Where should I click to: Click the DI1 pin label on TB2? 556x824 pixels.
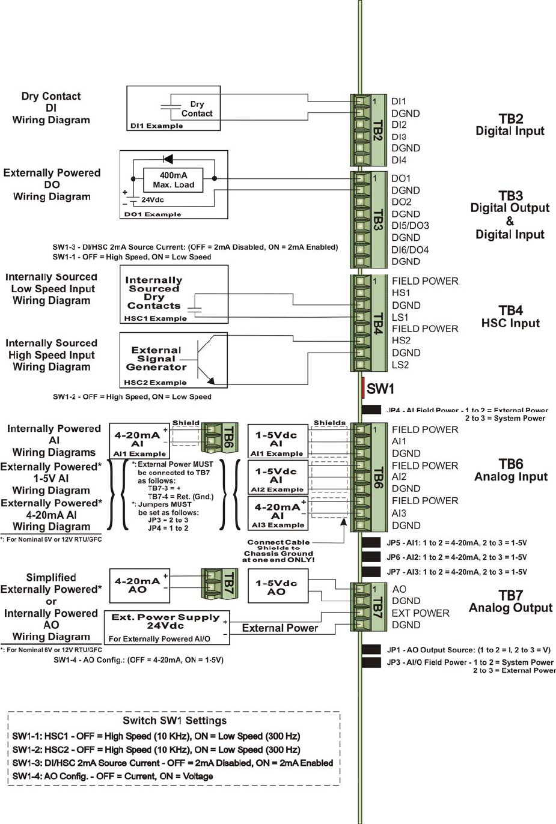click(x=399, y=101)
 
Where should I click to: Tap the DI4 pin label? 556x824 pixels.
click(x=399, y=160)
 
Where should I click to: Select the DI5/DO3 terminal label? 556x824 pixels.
click(x=411, y=226)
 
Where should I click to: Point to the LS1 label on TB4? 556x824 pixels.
click(x=400, y=317)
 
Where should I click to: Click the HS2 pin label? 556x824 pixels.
click(x=401, y=341)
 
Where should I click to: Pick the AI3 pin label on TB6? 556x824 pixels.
click(x=399, y=513)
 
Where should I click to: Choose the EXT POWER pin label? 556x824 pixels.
click(x=420, y=613)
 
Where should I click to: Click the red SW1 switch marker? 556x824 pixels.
click(x=364, y=388)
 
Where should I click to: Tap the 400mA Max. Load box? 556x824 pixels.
click(x=173, y=180)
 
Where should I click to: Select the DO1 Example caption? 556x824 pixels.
click(x=153, y=214)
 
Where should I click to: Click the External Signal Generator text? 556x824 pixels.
click(x=156, y=359)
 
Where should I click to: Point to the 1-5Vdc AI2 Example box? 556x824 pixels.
click(x=277, y=477)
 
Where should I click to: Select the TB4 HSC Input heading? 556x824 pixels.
click(x=510, y=317)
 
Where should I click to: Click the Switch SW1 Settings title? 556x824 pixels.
click(x=174, y=721)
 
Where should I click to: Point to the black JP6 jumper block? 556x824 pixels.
click(x=371, y=557)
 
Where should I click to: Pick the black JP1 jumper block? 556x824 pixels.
click(x=371, y=650)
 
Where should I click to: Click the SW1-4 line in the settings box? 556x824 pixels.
click(x=113, y=777)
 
